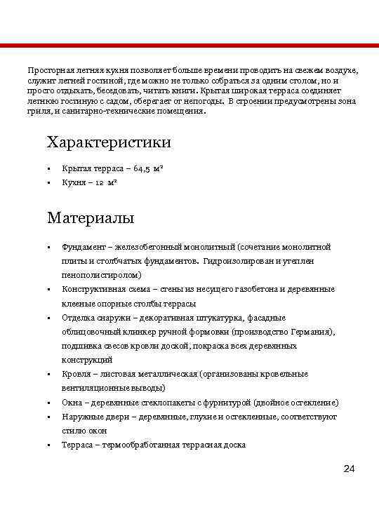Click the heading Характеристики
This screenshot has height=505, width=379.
pos(109,142)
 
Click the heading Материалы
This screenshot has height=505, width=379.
pos(91,217)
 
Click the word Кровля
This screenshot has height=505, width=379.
pos(75,374)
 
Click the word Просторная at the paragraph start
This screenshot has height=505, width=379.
pos(50,72)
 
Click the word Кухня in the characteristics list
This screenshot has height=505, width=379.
pos(74,183)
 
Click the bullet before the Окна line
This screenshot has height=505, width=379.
pos(49,403)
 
